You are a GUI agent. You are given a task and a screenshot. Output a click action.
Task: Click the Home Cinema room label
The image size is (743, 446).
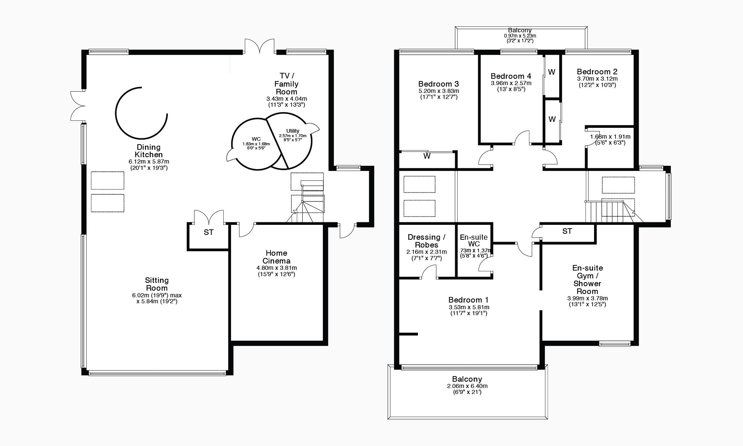pos(276,257)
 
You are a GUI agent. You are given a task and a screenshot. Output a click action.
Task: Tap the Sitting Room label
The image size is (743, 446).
pos(157,284)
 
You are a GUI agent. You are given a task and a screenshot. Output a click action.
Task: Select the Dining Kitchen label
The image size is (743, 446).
pos(149,151)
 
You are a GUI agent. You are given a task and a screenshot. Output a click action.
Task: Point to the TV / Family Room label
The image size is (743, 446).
pos(286,84)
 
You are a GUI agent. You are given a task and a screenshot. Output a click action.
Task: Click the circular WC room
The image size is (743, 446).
pos(256,144)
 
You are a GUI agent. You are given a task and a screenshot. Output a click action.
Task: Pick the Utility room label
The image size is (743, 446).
pos(293,131)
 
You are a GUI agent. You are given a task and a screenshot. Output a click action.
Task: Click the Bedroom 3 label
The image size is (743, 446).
pos(438,84)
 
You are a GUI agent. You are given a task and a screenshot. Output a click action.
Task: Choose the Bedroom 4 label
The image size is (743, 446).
pos(511,76)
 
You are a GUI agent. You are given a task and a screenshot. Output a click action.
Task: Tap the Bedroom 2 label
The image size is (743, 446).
pos(597,72)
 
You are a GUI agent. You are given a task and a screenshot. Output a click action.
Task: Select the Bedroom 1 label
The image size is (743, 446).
pos(468,300)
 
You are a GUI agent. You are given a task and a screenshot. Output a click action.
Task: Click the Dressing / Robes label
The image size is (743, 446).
pos(426,241)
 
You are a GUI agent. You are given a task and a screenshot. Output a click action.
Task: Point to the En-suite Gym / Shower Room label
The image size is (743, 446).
pos(587,279)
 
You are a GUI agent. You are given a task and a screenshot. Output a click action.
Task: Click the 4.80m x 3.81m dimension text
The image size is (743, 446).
pos(276,268)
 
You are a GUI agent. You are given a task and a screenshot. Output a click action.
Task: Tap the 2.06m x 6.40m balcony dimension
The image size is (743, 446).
pos(467,386)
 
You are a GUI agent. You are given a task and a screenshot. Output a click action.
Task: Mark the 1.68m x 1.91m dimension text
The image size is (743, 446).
pos(610,136)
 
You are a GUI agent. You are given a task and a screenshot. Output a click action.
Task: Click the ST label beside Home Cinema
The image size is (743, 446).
pos(209,232)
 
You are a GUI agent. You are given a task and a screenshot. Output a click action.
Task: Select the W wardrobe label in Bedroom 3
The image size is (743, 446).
pos(427,156)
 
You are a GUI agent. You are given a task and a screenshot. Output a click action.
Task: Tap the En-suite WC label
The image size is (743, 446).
pos(474,240)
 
